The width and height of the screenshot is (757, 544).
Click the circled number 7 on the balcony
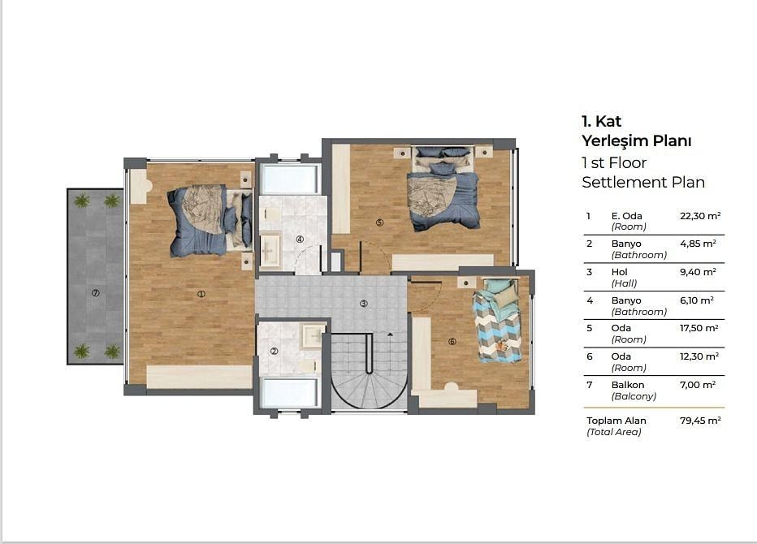[96, 293]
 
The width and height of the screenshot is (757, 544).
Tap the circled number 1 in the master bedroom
[201, 293]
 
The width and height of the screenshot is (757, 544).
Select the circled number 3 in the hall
[364, 303]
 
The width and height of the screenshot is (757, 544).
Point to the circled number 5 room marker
[379, 222]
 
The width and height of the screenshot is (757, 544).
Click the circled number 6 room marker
[452, 341]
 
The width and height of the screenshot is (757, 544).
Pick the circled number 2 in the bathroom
[275, 351]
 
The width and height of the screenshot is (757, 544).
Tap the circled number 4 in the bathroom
[300, 239]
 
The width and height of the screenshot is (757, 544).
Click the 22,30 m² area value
[700, 216]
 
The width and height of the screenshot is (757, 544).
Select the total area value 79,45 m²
[700, 421]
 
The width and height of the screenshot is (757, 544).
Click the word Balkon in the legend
[628, 385]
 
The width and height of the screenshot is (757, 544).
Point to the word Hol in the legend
[619, 272]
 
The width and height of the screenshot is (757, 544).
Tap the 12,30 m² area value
[699, 356]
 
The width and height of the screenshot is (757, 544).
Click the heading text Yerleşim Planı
[636, 141]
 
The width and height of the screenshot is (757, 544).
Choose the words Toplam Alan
[616, 421]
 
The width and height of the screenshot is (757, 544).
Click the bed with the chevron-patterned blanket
[498, 321]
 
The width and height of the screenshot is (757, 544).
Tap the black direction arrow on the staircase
[390, 334]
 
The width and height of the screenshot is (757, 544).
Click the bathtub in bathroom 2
[289, 392]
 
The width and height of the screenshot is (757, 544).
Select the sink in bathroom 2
[313, 335]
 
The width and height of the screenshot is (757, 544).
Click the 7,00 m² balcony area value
[698, 385]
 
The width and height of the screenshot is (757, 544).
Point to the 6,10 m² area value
[697, 300]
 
